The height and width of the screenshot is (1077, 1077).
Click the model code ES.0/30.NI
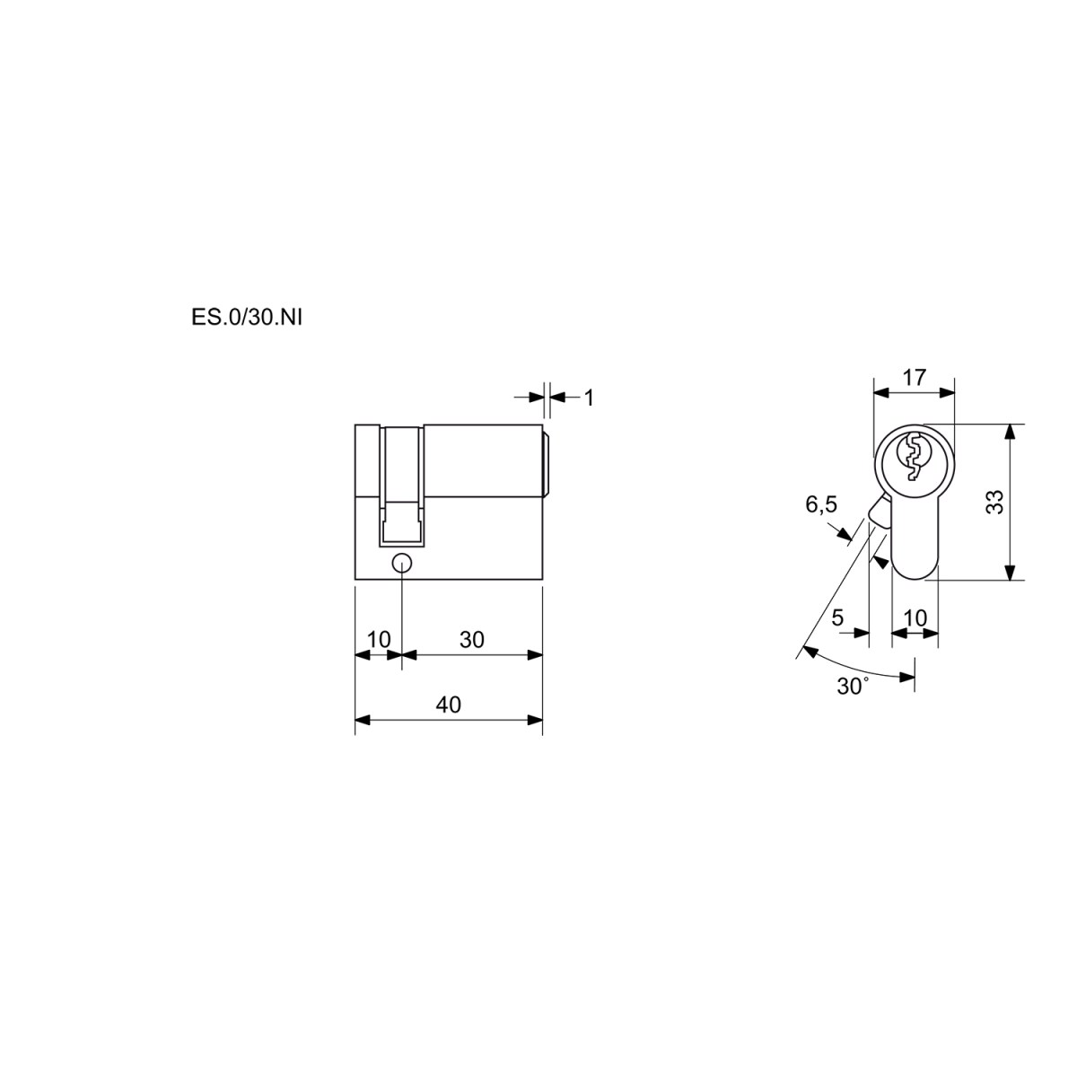pos(247,318)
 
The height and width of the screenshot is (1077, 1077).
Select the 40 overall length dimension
pos(448,705)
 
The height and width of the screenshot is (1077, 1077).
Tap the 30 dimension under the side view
pos(472,640)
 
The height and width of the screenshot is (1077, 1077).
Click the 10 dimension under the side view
pos(379,640)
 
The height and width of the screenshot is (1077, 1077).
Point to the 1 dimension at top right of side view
pos(589,398)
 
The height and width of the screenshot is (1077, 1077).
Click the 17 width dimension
pos(915,378)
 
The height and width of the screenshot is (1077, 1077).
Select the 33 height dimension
pos(995,502)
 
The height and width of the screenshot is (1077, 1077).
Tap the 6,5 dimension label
pos(821,504)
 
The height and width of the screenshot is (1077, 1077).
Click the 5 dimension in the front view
pos(837,618)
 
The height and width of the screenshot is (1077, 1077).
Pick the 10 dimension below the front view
pos(915,618)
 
